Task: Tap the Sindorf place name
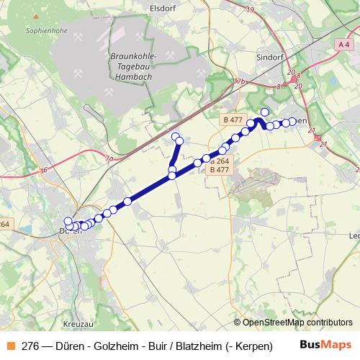pos(271,55)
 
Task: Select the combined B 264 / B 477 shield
pos(220,166)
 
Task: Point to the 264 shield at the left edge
pos(4,224)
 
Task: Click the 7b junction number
pos(240,82)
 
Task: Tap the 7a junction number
pos(109,158)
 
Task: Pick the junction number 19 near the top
pos(250,9)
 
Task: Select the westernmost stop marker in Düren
pos(68,222)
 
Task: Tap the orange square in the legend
pos(9,345)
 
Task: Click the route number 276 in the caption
pos(30,345)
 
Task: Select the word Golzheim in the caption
pos(110,345)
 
